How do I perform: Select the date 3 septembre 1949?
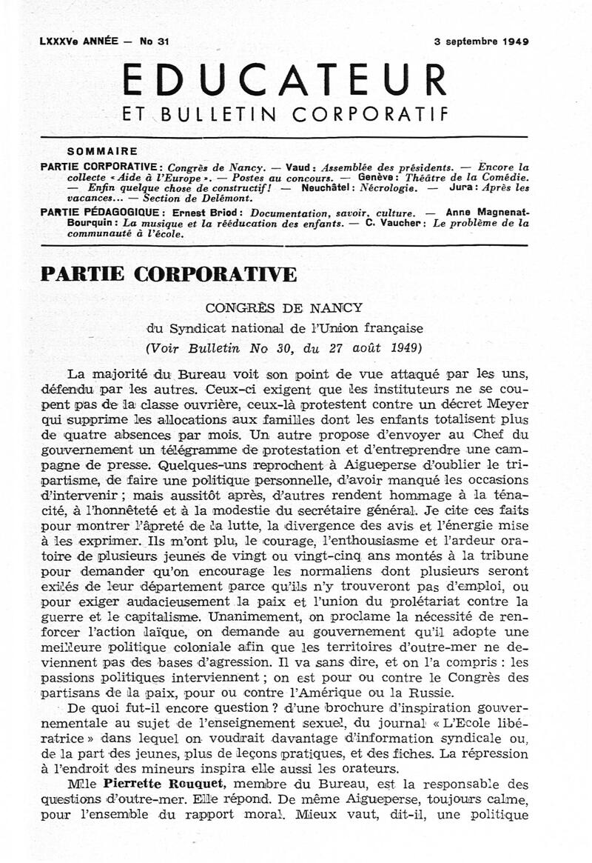pyautogui.click(x=482, y=41)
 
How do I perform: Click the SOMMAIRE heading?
pyautogui.click(x=97, y=150)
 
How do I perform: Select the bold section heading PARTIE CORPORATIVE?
pyautogui.click(x=169, y=274)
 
